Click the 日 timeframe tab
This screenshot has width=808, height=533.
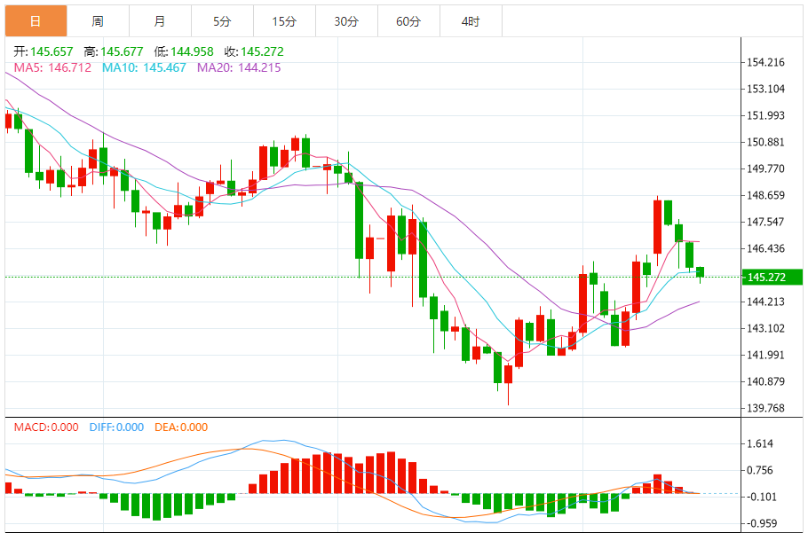pyautogui.click(x=35, y=21)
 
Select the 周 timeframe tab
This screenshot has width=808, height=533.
pyautogui.click(x=98, y=21)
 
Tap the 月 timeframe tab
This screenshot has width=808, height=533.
pyautogui.click(x=159, y=21)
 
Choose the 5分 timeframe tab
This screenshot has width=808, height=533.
pyautogui.click(x=222, y=21)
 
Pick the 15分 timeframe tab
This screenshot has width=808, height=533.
pyautogui.click(x=284, y=21)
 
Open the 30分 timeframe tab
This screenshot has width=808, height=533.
pyautogui.click(x=346, y=21)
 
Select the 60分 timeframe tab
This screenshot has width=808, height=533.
pyautogui.click(x=408, y=21)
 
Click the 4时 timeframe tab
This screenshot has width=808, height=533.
pyautogui.click(x=471, y=21)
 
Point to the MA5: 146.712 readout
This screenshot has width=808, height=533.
pyautogui.click(x=52, y=67)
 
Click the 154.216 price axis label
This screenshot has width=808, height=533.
pyautogui.click(x=766, y=63)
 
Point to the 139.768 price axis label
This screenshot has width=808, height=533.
pyautogui.click(x=766, y=409)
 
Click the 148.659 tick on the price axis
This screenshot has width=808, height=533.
pyautogui.click(x=766, y=195)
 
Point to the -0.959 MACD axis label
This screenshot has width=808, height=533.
pyautogui.click(x=762, y=523)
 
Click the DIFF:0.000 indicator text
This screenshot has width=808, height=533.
pyautogui.click(x=116, y=427)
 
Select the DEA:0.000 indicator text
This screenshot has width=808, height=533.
pyautogui.click(x=181, y=427)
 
